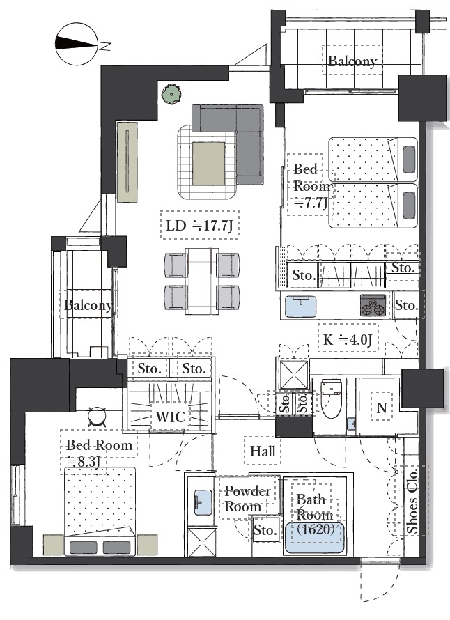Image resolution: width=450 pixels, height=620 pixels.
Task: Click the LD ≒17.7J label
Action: pyautogui.click(x=199, y=226)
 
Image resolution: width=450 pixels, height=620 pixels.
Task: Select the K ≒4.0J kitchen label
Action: pyautogui.click(x=348, y=339)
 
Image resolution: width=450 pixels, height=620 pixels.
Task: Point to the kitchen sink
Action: pyautogui.click(x=300, y=306)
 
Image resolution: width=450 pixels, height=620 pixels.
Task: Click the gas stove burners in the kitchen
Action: pyautogui.click(x=373, y=306)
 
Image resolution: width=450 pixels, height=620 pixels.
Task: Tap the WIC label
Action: pyautogui.click(x=171, y=417)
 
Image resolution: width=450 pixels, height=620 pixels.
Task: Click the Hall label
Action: pyautogui.click(x=263, y=451)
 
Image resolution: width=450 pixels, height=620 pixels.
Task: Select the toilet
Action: pyautogui.click(x=332, y=399)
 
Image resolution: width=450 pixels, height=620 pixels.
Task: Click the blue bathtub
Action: pyautogui.click(x=314, y=538)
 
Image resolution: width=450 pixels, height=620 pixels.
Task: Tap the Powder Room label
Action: pyautogui.click(x=247, y=499)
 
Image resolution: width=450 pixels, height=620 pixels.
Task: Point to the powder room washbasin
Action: pyautogui.click(x=203, y=502)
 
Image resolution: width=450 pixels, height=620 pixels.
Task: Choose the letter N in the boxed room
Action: pyautogui.click(x=382, y=408)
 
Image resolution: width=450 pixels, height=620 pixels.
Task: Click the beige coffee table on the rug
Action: pyautogui.click(x=209, y=163)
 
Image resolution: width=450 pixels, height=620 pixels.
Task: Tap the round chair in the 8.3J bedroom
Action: pyautogui.click(x=97, y=417)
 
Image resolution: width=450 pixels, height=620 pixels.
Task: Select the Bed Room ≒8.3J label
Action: pyautogui.click(x=99, y=453)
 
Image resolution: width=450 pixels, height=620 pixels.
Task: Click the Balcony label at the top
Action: pyautogui.click(x=352, y=61)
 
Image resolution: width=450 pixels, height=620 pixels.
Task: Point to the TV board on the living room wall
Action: pyautogui.click(x=127, y=162)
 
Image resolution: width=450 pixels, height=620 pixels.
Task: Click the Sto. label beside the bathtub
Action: pyautogui.click(x=265, y=530)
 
